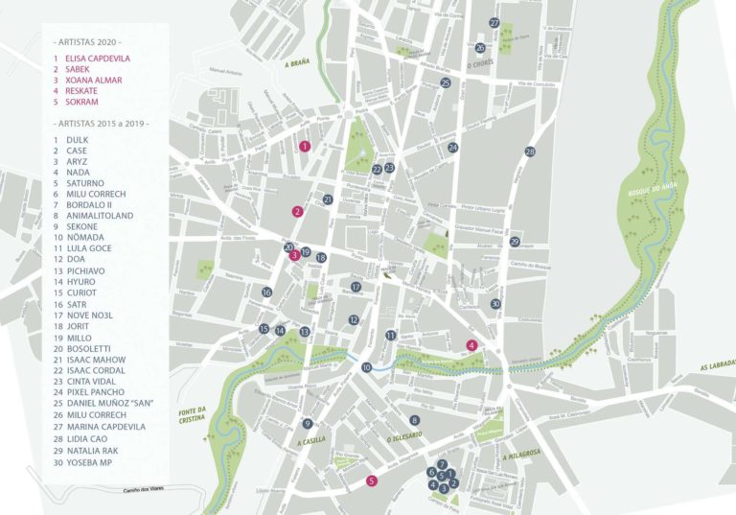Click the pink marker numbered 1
point(304,147)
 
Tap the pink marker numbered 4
point(471,345)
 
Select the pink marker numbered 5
point(372,480)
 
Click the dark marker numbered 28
point(530,152)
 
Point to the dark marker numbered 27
point(494,22)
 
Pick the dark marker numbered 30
point(495,303)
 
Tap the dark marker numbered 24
point(453,148)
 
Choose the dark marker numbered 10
point(366,367)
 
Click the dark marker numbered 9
point(308,423)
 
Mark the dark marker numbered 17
point(356,287)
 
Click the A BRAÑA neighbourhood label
point(300,65)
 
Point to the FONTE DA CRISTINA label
point(192,414)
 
